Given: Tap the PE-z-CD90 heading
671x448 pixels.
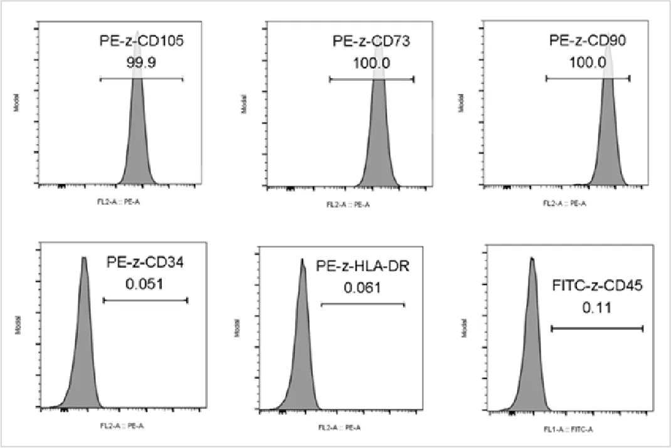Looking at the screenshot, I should tap(587, 42).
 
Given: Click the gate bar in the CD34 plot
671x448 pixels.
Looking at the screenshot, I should tap(145, 300).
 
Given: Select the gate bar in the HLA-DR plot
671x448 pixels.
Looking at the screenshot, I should tap(363, 305).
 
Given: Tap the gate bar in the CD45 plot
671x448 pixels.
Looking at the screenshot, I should tap(597, 328).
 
